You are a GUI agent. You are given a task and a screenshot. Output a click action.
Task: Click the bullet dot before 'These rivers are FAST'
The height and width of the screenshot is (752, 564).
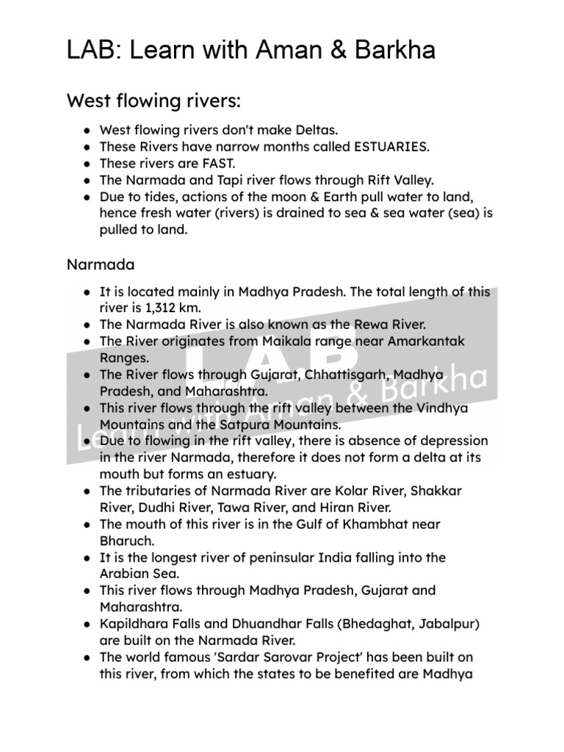pos(87,163)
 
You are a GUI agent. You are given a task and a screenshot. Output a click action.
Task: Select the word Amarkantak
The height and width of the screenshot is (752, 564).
pos(427,341)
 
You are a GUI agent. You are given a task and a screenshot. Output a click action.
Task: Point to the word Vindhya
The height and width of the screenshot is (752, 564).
pos(441,408)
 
